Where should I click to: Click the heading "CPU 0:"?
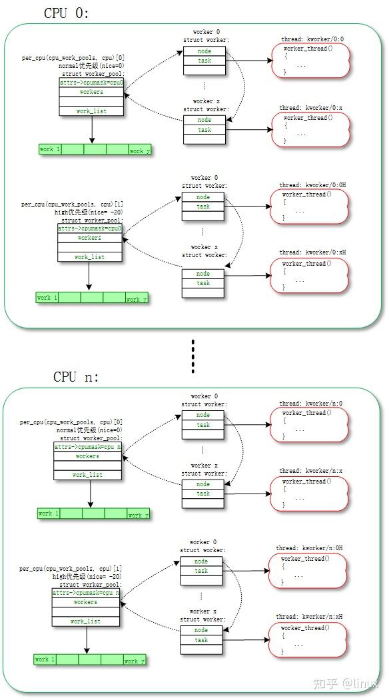(67, 13)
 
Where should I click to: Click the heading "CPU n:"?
(76, 377)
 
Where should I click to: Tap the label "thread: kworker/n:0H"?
(309, 548)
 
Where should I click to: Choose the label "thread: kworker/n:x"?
(311, 471)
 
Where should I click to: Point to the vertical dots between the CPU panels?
(193, 357)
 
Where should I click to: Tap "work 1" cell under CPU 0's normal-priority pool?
(50, 150)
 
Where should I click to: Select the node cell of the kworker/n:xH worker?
(201, 630)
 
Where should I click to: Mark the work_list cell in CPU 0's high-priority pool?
(89, 257)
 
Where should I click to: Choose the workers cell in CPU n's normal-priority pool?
(87, 457)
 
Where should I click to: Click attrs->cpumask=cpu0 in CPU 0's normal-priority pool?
(91, 83)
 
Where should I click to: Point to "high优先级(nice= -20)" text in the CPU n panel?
(87, 576)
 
